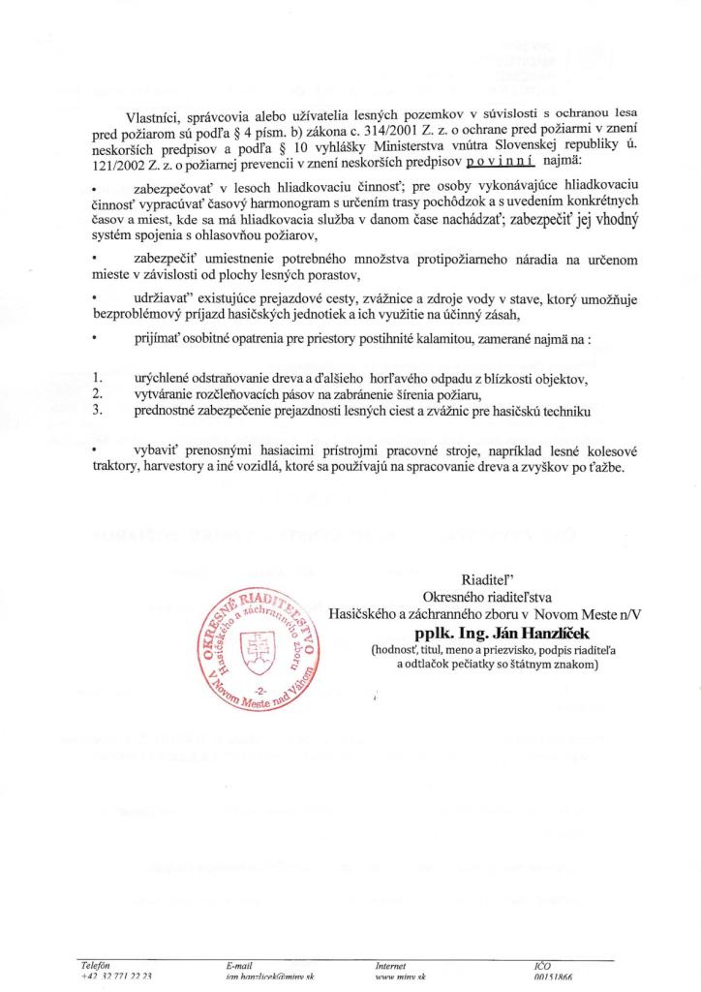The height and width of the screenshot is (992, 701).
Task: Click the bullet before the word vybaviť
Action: (x=93, y=451)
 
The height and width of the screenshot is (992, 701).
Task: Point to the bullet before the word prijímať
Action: (x=93, y=340)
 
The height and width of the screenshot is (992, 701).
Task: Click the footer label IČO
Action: (x=541, y=966)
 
